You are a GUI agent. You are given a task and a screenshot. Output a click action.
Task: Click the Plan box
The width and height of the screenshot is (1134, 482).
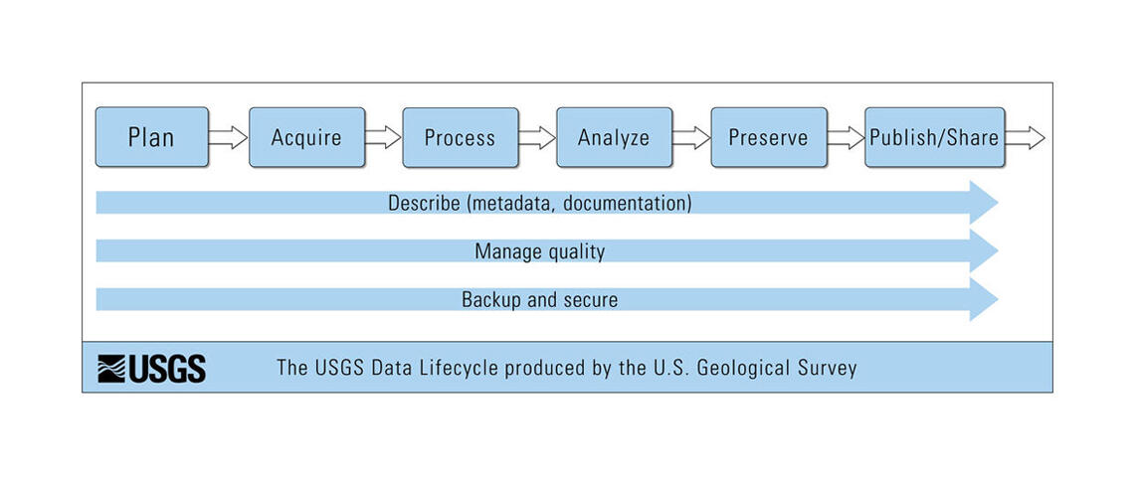(151, 137)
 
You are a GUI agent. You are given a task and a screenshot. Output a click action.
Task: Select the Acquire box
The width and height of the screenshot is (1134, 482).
(305, 137)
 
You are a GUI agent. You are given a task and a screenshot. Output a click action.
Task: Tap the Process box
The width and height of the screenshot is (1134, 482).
(460, 137)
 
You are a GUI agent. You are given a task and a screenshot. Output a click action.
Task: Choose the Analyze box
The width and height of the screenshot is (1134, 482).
(614, 137)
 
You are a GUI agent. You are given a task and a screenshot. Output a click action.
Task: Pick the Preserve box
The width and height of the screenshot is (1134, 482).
(768, 137)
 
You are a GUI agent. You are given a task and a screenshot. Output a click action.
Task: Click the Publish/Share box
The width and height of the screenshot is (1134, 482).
(934, 137)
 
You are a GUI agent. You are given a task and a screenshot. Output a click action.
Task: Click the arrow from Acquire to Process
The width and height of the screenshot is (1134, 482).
(383, 137)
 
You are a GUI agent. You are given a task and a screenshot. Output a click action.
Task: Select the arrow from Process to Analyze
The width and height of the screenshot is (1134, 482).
(537, 137)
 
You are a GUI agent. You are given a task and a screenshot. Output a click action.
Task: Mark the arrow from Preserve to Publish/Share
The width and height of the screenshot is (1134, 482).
(846, 137)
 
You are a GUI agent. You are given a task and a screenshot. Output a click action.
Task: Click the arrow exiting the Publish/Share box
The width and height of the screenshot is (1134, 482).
(1025, 137)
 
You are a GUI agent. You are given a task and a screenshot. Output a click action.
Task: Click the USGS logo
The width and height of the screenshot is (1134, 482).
(151, 368)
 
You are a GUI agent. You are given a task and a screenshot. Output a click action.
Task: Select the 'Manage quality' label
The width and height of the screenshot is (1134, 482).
(539, 251)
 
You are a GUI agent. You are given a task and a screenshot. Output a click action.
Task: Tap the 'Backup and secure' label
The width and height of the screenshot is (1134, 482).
(539, 299)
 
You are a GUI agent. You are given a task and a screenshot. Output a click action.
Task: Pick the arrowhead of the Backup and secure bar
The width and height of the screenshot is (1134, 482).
(985, 299)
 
